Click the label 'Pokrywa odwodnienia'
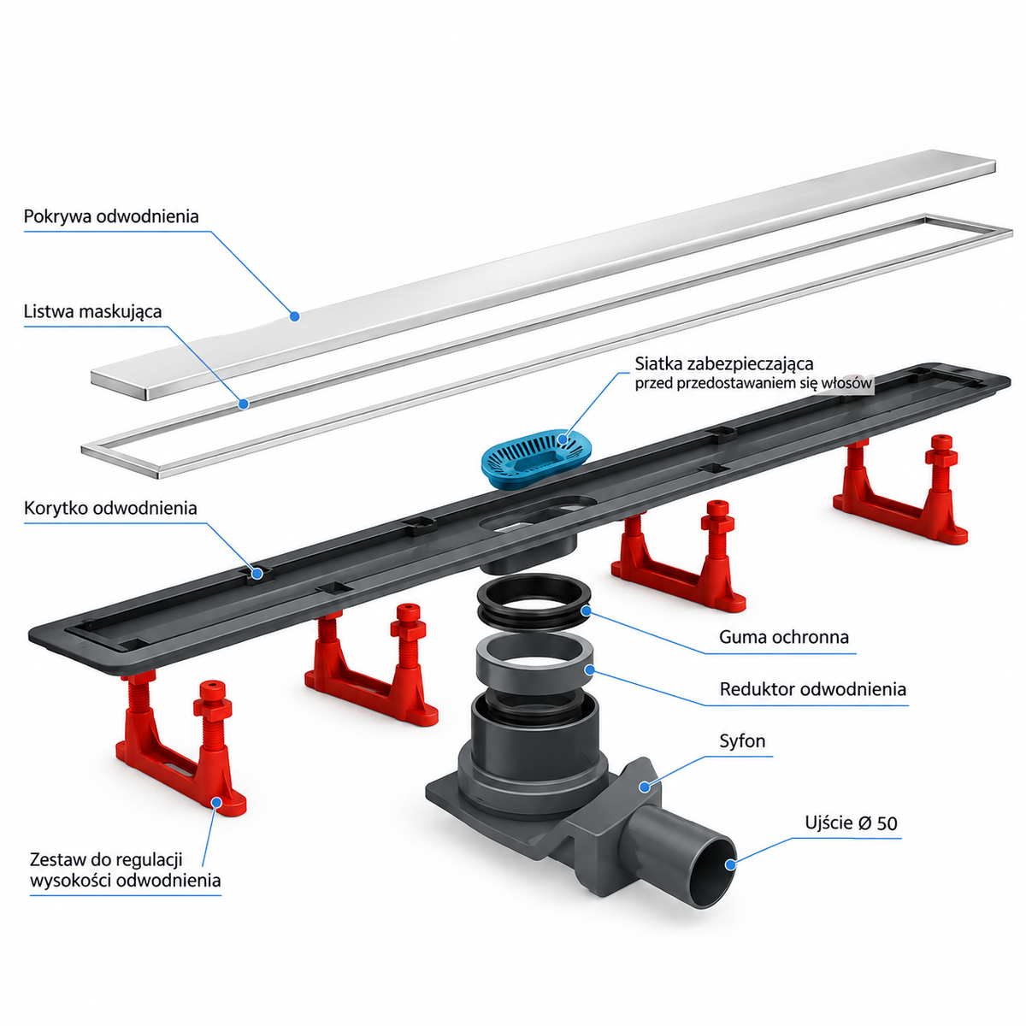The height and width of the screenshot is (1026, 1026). [x=111, y=216]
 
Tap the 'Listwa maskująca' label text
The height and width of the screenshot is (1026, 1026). [x=92, y=312]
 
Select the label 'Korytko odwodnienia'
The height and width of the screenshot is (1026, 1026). [x=110, y=509]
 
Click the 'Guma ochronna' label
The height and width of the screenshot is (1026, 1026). [x=783, y=637]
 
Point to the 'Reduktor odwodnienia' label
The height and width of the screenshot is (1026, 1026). [x=812, y=689]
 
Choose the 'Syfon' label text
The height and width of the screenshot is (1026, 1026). [x=742, y=740]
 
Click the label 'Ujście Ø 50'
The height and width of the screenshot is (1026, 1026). [x=851, y=823]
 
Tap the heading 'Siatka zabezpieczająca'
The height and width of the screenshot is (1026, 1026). [x=724, y=364]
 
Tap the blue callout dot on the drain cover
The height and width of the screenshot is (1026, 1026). [x=294, y=316]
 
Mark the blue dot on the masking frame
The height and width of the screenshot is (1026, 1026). [x=244, y=404]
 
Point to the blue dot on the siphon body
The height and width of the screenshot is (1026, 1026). [x=645, y=786]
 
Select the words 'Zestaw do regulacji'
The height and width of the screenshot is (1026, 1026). [x=106, y=859]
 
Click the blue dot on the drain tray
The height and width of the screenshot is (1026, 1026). [x=257, y=573]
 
